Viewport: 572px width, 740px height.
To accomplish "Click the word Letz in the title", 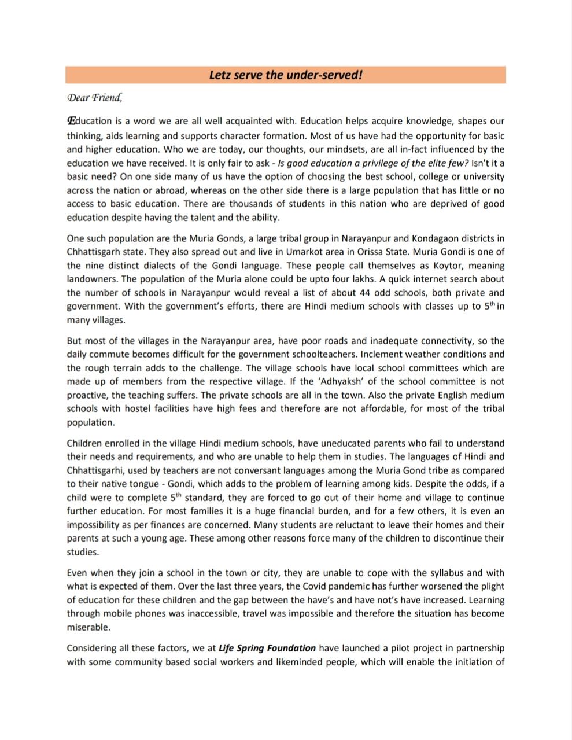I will pos(220,75).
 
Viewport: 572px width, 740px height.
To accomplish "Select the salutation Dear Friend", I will pos(94,97).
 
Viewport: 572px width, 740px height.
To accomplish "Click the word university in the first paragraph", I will pos(482,176).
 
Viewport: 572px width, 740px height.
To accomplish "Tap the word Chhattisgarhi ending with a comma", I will pos(95,470).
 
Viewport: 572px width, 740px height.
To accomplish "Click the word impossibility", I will pos(96,525).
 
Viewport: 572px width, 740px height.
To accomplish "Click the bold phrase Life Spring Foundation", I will pos(267,648).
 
